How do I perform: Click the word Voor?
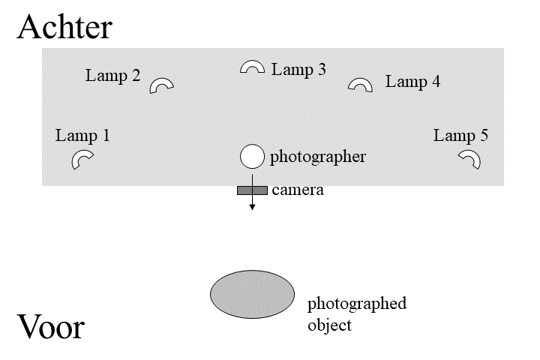(x=50, y=328)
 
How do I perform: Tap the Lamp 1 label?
(x=82, y=136)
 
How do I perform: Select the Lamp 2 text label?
(x=112, y=76)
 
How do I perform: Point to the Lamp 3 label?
(x=298, y=70)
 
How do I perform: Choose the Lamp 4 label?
(x=412, y=82)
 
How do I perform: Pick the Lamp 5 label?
(x=460, y=136)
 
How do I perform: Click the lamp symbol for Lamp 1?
(x=82, y=160)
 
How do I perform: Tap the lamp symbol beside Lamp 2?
(x=161, y=85)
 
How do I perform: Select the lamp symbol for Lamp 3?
(x=252, y=67)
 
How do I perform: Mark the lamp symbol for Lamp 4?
(x=361, y=84)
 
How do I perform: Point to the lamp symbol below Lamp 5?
(x=470, y=158)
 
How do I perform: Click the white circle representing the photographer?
(x=252, y=157)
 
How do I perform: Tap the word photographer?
(x=318, y=157)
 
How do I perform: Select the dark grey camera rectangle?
(x=252, y=190)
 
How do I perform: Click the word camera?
(x=298, y=190)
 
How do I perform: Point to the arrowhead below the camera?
(x=252, y=206)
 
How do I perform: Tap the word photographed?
(x=357, y=304)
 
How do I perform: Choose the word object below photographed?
(x=329, y=326)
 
